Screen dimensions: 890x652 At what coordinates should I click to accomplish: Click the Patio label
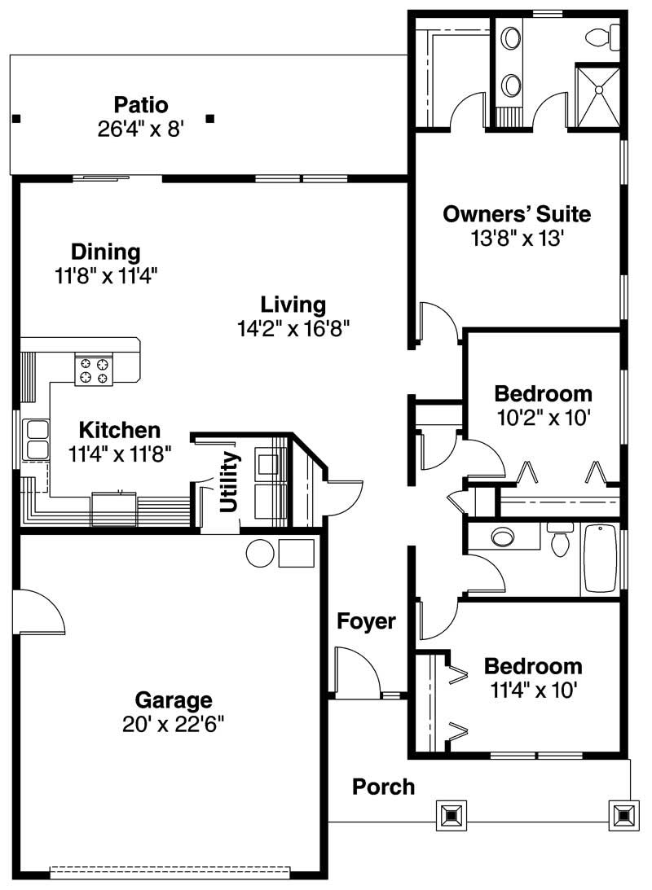141,105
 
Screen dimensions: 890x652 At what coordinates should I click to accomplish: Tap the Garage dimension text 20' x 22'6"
174,723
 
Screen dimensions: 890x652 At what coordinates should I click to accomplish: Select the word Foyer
367,622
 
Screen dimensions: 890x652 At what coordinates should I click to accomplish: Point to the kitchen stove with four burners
94,370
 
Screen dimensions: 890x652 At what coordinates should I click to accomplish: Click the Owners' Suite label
517,214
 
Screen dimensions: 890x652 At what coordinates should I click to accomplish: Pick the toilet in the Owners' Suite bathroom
601,36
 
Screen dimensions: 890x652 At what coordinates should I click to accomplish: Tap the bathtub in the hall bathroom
600,558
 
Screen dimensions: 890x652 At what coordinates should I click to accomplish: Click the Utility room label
230,482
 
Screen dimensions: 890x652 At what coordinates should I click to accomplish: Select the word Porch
383,787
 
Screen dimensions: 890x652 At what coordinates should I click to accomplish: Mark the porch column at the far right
623,814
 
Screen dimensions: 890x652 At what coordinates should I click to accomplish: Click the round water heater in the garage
261,553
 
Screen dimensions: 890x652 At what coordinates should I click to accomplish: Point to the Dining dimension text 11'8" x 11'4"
106,275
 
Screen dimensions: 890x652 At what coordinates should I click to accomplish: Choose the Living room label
293,305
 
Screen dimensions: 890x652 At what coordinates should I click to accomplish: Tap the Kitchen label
120,430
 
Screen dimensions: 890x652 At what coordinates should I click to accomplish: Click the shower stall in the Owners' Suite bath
598,96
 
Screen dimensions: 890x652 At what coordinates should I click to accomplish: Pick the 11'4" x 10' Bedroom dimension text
534,691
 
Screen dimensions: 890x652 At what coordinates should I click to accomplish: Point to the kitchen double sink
36,439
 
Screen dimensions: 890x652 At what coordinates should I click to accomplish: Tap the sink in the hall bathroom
502,537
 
